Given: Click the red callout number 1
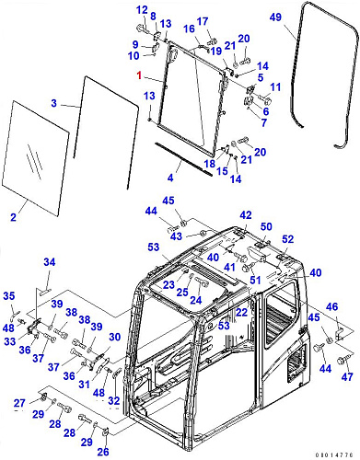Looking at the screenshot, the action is click(140, 75).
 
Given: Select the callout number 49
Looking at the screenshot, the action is click(275, 17).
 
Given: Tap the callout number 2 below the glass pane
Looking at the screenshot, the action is click(13, 217).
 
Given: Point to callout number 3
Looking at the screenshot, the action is click(54, 103).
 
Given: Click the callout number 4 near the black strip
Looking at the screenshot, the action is click(170, 178).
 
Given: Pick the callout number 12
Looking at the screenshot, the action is click(142, 10).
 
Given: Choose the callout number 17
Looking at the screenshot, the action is click(203, 21).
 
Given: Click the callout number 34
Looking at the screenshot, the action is click(50, 262).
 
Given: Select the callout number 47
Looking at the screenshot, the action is click(347, 376).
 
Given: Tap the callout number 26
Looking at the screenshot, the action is click(103, 452).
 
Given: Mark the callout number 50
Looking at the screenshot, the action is click(266, 226).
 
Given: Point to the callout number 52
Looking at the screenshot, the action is click(287, 239).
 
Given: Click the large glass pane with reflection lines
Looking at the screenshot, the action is click(36, 158).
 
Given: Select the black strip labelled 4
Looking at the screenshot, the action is click(183, 159).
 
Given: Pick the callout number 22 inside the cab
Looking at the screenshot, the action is click(241, 312).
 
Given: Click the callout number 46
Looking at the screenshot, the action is click(332, 306).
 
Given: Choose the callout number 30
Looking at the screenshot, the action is click(115, 337).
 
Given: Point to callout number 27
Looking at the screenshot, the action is click(19, 403).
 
